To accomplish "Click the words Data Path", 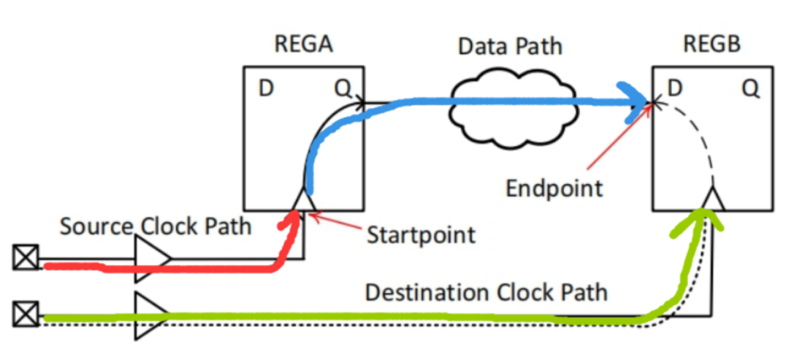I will [x=510, y=46].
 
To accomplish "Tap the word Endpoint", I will [x=554, y=188].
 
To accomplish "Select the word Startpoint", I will [x=421, y=235].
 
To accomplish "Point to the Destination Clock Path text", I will [x=486, y=293].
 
